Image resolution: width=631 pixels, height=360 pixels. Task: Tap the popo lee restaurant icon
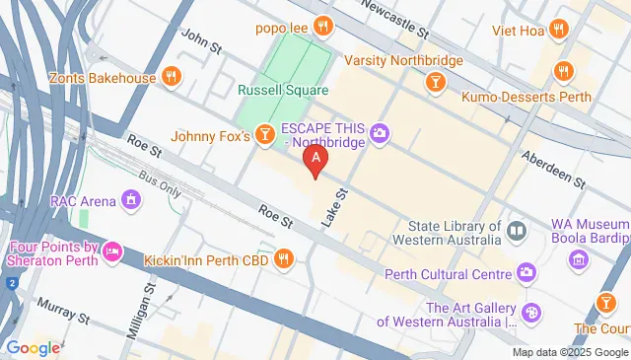320,26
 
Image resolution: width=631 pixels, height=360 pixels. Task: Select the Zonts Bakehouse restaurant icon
172,76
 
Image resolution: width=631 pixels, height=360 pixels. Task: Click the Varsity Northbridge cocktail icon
434,84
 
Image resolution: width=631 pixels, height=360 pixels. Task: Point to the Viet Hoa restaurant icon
558,30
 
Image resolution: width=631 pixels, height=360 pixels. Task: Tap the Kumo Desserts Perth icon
564,70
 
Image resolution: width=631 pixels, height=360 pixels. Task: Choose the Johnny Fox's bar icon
263,134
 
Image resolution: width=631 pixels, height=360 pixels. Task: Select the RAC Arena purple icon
130,201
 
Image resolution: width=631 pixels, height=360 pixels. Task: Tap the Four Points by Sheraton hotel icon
113,253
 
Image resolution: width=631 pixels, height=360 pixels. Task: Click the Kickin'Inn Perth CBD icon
284,259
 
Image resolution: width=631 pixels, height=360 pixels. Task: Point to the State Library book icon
517,231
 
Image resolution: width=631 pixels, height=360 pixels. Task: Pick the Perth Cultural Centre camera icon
526,270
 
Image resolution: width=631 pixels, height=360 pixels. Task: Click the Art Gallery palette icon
531,313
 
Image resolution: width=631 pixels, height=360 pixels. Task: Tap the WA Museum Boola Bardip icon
578,260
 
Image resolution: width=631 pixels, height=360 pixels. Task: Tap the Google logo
33,347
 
